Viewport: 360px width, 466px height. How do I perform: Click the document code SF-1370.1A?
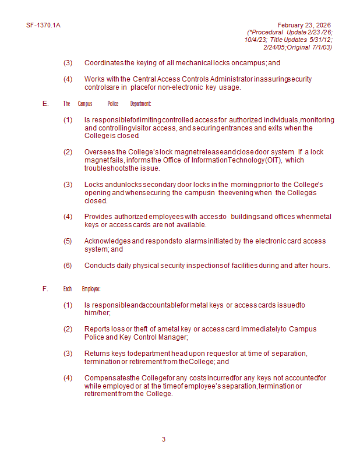tap(43, 26)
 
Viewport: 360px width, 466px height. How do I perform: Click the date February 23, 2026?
tap(304, 25)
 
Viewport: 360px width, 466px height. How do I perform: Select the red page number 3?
tap(164, 439)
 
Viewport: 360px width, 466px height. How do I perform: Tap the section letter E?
tap(45, 104)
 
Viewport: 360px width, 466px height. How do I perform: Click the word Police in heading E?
tap(113, 104)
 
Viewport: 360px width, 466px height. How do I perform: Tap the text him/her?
tap(97, 313)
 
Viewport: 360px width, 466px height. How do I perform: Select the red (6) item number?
tap(68, 266)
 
